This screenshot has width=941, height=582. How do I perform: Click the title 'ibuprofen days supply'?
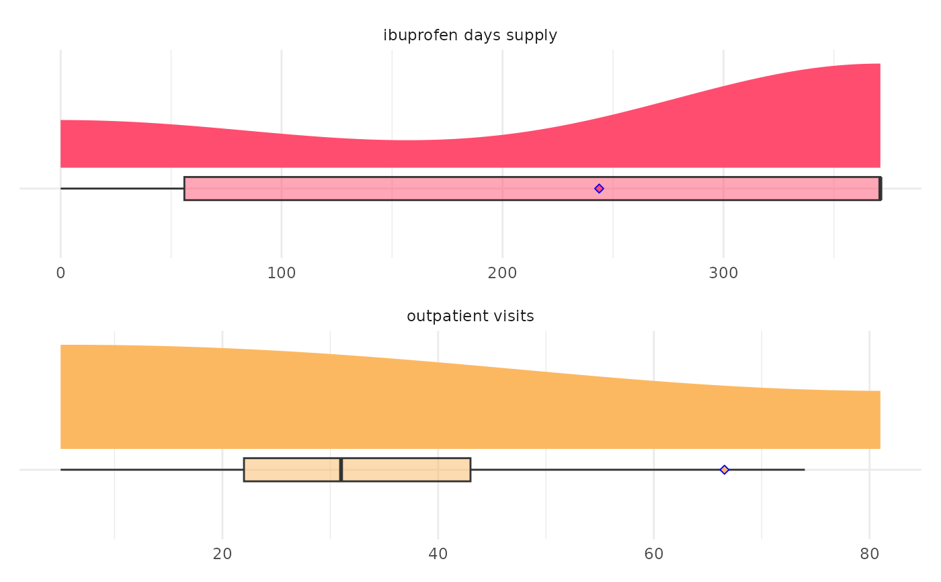pos(470,36)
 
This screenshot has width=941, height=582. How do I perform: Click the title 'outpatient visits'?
pos(470,317)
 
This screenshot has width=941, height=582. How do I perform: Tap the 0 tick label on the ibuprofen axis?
pos(60,274)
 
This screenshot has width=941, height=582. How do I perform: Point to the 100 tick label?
pos(281,274)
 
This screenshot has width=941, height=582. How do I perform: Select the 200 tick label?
pos(502,274)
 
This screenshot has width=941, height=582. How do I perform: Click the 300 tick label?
pos(723,274)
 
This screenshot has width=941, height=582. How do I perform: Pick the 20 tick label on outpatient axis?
pos(222,554)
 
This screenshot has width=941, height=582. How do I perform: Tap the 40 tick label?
pos(438,554)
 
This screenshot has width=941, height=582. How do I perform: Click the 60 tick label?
pos(654,554)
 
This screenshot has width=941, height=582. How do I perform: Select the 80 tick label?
pos(869,554)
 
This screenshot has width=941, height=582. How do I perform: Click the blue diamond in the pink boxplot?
pos(599,189)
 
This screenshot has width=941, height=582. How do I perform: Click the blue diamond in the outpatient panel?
pos(724,470)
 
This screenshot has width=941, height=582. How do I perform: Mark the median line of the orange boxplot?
pos(341,470)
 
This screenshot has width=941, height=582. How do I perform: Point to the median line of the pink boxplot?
pos(880,189)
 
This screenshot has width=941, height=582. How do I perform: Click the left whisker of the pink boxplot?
pos(121,189)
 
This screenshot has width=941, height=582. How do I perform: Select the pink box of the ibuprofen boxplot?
pos(403,189)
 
